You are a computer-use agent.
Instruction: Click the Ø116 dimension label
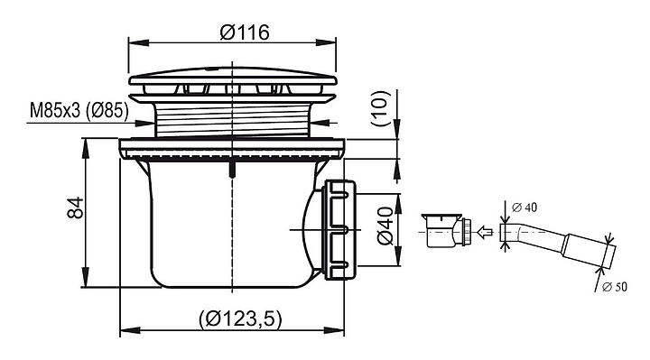[x=245, y=32]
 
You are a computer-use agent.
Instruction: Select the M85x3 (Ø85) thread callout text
[x=79, y=111]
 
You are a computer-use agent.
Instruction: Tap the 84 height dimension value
[x=76, y=208]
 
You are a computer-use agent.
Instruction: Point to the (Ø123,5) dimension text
[x=240, y=318]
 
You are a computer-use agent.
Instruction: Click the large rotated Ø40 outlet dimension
[x=385, y=226]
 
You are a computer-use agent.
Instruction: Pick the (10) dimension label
[x=381, y=108]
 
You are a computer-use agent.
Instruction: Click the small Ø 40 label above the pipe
[x=525, y=208]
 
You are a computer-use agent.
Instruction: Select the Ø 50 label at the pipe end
[x=615, y=287]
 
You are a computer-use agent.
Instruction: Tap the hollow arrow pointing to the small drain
[x=485, y=232]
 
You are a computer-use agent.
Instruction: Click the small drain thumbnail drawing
[x=447, y=230]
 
